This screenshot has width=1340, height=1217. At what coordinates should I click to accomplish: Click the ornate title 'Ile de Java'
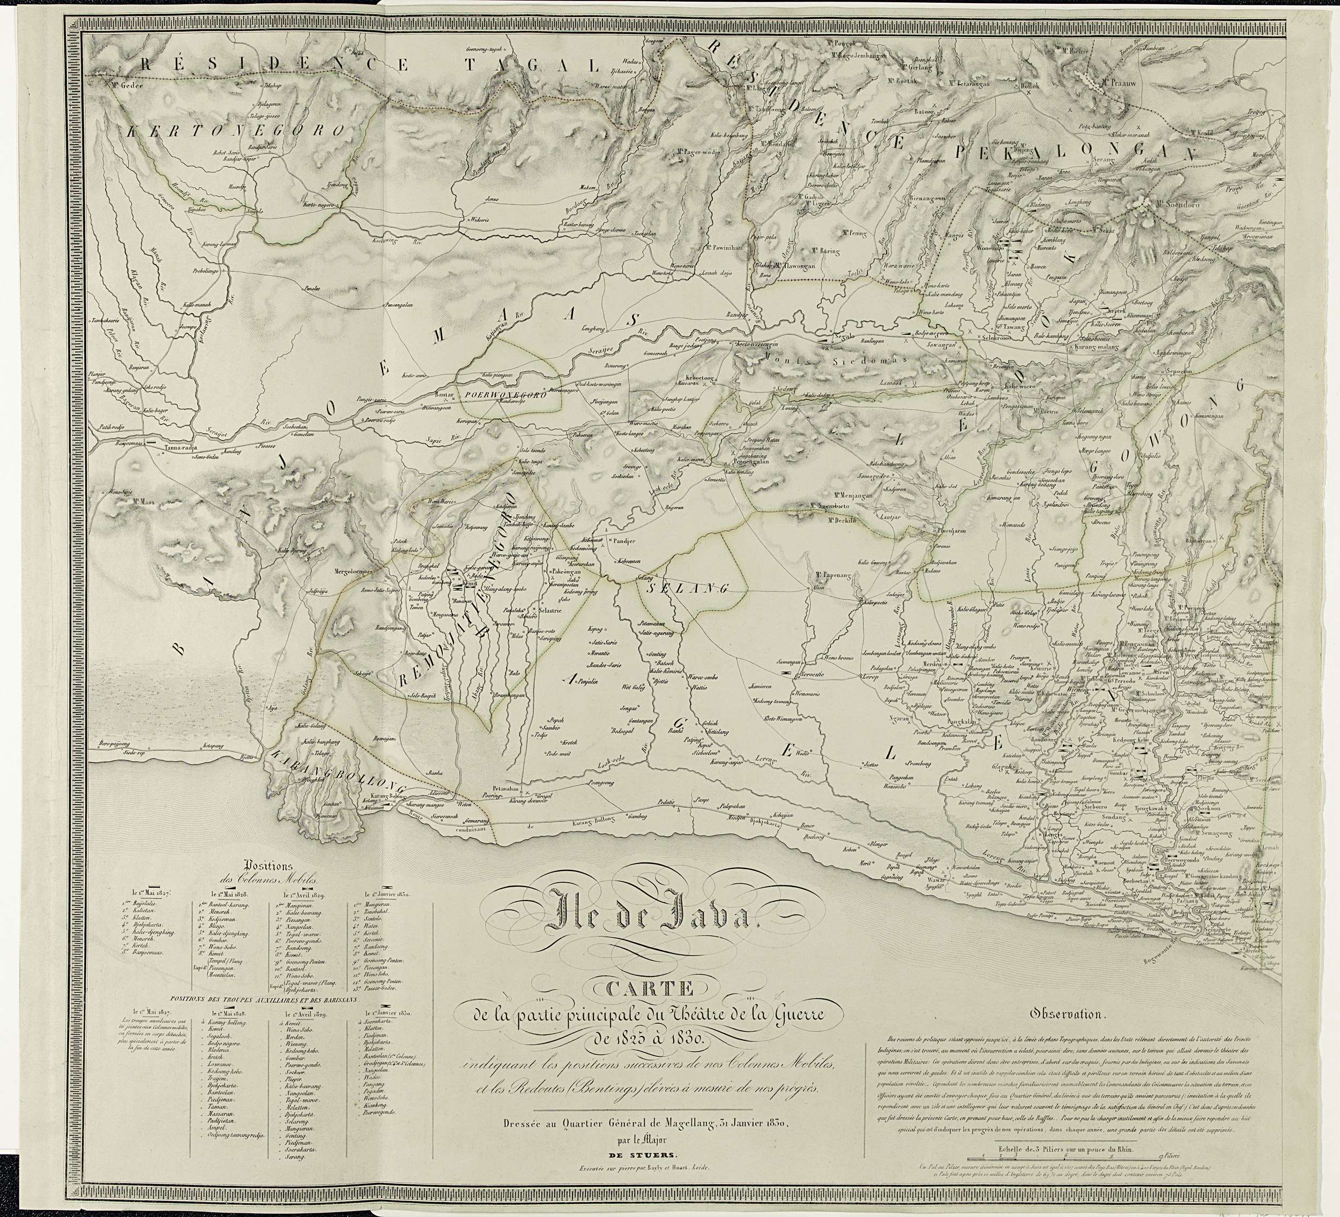(662, 918)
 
